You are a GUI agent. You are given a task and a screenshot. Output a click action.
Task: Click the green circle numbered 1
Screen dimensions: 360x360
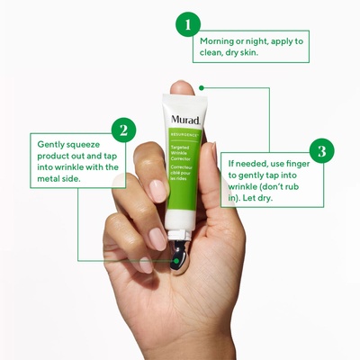point(188,24)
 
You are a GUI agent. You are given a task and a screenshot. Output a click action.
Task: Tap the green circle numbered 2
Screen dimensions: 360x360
point(123,130)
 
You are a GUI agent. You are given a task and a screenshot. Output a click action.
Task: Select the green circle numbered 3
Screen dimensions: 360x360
point(322,150)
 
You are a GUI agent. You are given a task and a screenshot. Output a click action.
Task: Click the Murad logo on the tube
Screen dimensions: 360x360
point(185,120)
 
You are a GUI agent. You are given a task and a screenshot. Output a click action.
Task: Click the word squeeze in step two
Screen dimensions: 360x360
point(83,145)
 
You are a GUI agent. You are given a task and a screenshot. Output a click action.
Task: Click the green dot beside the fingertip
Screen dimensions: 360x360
point(202,88)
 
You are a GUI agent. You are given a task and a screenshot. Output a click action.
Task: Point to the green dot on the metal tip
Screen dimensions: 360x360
point(176,261)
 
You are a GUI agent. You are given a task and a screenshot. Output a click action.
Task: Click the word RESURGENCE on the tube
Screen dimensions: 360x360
point(184,135)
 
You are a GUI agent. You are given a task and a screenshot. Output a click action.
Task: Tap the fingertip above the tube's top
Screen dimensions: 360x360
point(182,87)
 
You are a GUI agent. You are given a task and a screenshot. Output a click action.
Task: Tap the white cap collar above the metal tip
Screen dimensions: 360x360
point(180,235)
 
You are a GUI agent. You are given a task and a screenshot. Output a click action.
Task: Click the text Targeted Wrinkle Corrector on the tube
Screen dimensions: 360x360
point(180,153)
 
